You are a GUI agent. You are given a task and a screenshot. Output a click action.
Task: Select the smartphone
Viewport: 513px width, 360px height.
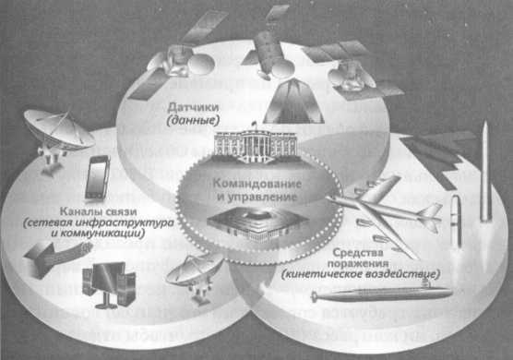(97, 177)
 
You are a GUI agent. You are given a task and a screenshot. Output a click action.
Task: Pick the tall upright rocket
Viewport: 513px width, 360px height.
(484, 175)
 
